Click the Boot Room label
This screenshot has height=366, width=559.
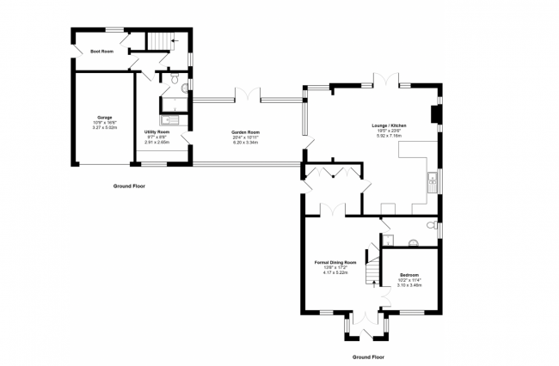pos(102,52)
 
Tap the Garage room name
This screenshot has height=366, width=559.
pos(104,117)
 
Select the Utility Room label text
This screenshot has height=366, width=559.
pos(157,131)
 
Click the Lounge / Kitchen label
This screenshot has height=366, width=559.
pos(389,125)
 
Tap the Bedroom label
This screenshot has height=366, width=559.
pos(409,275)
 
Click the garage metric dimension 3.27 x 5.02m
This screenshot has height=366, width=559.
pos(104,127)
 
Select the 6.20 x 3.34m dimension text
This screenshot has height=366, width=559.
pos(246,142)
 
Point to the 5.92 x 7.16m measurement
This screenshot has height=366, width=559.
pos(389,136)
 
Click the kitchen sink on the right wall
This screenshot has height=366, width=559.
pos(433,180)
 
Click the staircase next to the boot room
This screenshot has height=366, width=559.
pos(161,41)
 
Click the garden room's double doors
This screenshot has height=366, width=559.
pos(248,94)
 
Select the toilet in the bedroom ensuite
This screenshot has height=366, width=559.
pos(414,240)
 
